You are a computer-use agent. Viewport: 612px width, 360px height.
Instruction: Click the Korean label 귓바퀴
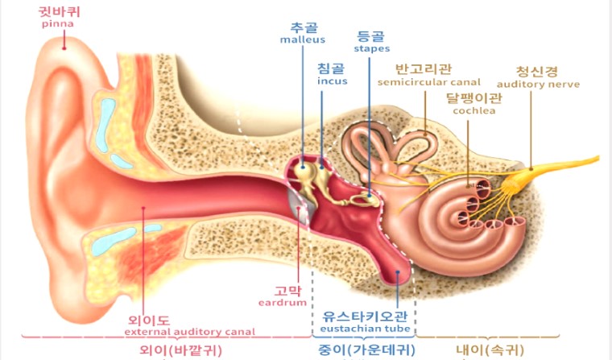tap(57, 12)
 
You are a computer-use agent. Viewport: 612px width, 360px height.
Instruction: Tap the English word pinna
tap(57, 24)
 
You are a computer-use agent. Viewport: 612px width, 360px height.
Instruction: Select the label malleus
tap(302, 39)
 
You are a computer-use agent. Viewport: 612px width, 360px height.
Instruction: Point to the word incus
tap(332, 81)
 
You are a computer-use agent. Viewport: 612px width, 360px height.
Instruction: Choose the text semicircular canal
tap(428, 81)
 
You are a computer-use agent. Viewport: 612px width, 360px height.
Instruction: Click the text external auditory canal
tap(190, 331)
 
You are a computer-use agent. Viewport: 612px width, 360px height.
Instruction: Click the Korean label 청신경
tap(535, 70)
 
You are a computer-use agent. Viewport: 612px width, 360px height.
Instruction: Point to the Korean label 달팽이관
tap(473, 98)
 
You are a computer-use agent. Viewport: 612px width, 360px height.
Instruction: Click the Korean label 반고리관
tap(424, 68)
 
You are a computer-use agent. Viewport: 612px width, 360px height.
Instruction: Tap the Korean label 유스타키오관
tap(366, 317)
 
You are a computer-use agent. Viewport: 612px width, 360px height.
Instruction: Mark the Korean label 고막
tap(286, 290)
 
